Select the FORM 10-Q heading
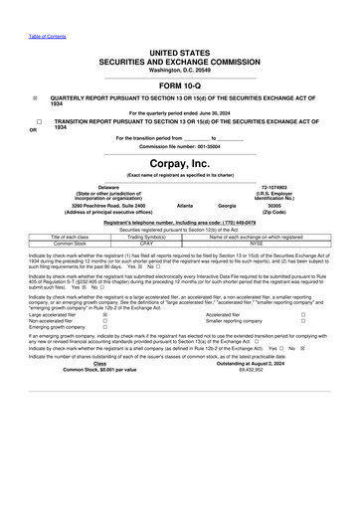coord(180,84)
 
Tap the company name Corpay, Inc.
coord(180,162)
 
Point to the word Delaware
coord(108,186)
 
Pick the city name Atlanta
coord(185,205)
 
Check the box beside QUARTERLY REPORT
coord(36,97)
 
